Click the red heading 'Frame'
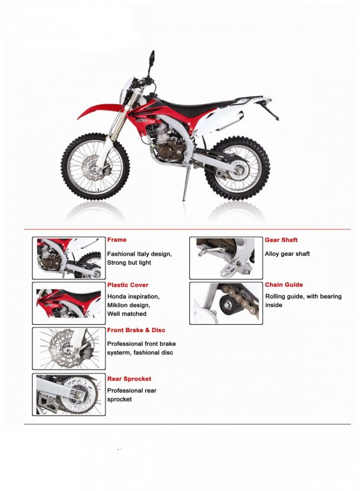pyautogui.click(x=116, y=240)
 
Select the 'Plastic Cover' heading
pyautogui.click(x=127, y=285)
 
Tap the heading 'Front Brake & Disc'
pyautogui.click(x=136, y=330)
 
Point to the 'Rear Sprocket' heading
pyautogui.click(x=129, y=379)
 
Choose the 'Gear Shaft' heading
pyautogui.click(x=281, y=240)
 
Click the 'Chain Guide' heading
pyautogui.click(x=284, y=284)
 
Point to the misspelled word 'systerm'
pyautogui.click(x=119, y=353)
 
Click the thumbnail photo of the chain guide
pyautogui.click(x=226, y=303)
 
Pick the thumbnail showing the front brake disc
pyautogui.click(x=68, y=348)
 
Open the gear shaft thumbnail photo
pyautogui.click(x=226, y=258)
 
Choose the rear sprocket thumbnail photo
pyautogui.click(x=68, y=394)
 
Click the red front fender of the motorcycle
pyautogui.click(x=100, y=110)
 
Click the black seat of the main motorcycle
pyautogui.click(x=201, y=106)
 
